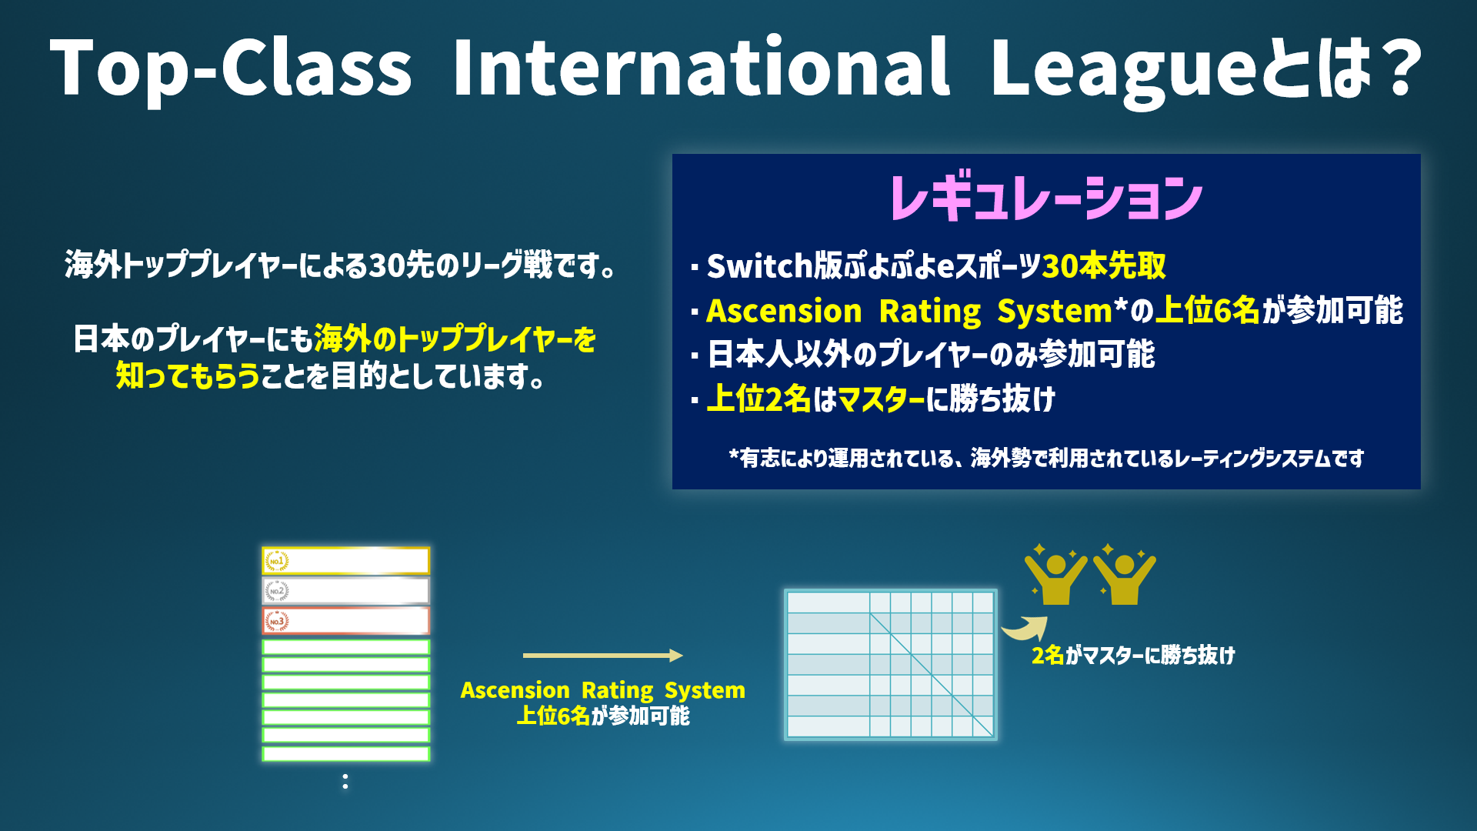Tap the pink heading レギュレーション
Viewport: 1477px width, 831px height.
(1046, 197)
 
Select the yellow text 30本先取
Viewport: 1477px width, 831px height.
(1104, 265)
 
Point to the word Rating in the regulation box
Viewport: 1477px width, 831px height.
(930, 311)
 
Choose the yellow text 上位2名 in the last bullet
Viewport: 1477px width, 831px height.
(759, 399)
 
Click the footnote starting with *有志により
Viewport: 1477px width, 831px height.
(1046, 458)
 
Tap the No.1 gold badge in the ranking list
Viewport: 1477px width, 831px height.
(277, 561)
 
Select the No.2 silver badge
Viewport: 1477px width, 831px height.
(277, 591)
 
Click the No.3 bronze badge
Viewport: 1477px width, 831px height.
(277, 621)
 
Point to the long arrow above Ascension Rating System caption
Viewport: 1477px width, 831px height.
(603, 656)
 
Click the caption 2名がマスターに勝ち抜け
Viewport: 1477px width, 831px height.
(1133, 656)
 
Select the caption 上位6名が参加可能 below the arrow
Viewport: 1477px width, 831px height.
(603, 716)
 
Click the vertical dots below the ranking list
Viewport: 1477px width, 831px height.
(345, 781)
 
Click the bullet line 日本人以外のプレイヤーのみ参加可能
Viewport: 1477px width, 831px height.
(931, 355)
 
